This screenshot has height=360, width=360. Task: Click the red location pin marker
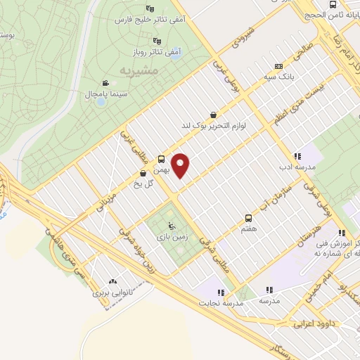181,166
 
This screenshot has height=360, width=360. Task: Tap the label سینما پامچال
85,93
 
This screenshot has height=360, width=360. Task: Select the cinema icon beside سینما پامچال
105,83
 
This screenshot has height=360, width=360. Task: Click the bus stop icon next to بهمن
162,159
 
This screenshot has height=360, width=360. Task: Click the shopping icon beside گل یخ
143,173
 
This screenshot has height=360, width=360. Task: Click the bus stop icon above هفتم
248,219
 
